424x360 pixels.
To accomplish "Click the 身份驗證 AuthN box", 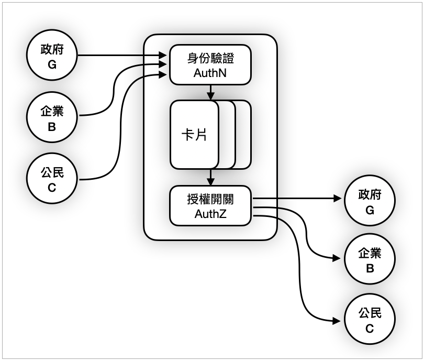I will [210, 64].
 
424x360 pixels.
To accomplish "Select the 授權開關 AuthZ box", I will [210, 206].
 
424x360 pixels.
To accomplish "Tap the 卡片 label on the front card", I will [194, 135].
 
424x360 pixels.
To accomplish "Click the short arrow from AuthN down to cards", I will [210, 92].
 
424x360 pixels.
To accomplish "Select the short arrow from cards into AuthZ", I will [210, 177].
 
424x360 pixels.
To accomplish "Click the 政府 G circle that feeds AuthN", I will [52, 57].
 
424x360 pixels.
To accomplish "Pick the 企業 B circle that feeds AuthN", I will [52, 118].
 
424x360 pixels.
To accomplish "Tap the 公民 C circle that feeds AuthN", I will [52, 178].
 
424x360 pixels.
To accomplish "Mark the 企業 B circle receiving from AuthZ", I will [370, 260].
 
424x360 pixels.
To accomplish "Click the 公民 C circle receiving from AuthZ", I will [370, 320].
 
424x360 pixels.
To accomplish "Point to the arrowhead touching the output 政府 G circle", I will [338, 199].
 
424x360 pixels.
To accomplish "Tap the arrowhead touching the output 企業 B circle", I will [338, 258].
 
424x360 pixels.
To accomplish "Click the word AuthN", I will [210, 73].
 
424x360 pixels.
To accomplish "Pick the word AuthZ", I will [210, 214].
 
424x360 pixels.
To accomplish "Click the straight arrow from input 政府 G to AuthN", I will [120, 55].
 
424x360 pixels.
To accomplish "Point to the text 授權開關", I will [210, 200].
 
